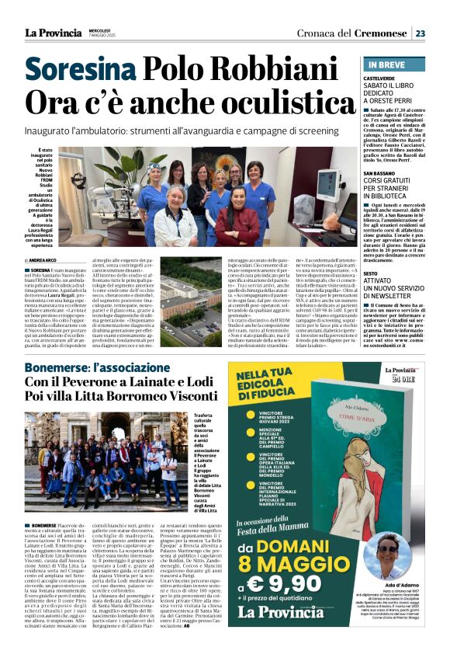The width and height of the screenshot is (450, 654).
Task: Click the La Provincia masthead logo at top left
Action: point(50,33)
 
